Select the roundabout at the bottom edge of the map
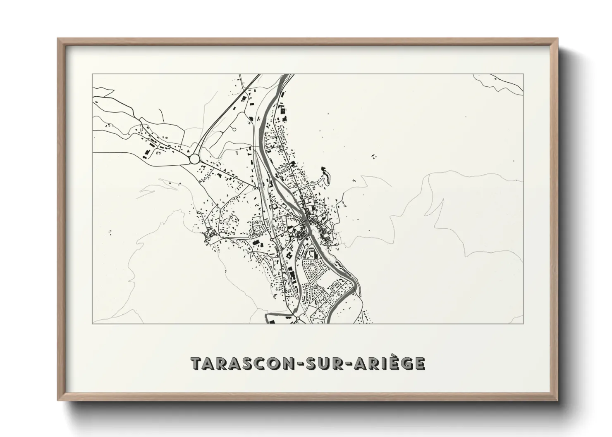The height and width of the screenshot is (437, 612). coord(298,319)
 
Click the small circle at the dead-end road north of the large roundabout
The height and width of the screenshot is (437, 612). coord(234,130)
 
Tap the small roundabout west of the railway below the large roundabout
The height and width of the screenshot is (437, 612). coord(258,188)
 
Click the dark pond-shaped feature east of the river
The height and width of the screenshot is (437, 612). coord(325,175)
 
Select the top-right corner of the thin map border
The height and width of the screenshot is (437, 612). coord(524,74)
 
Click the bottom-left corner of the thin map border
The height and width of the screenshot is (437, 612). coord(92,323)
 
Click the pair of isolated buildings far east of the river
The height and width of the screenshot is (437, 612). coord(374,157)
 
